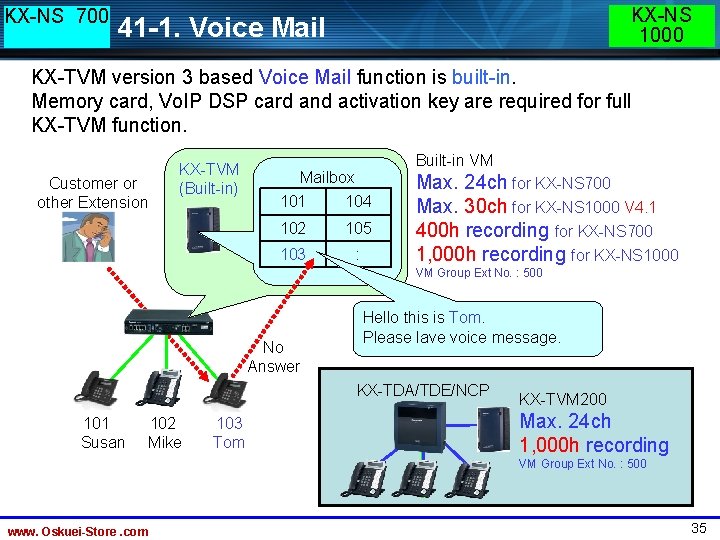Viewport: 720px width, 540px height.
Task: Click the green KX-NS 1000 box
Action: [x=661, y=25]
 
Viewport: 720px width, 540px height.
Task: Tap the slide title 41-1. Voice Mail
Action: [x=221, y=27]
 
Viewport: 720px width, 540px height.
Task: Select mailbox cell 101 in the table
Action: [x=292, y=201]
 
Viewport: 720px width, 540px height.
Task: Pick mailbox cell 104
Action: [x=358, y=201]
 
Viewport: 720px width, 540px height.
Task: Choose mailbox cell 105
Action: [x=358, y=228]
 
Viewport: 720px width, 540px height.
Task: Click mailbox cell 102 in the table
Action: [x=292, y=228]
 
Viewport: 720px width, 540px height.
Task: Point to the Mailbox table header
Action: [x=327, y=177]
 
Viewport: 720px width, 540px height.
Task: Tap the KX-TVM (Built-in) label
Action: [x=208, y=179]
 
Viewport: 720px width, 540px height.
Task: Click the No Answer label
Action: [x=273, y=357]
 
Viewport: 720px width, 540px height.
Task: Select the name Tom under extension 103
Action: [x=229, y=442]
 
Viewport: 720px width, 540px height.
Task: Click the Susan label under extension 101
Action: [x=103, y=442]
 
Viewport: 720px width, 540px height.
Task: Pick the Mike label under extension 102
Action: [x=164, y=442]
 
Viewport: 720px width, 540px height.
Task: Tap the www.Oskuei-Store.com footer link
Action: [x=78, y=531]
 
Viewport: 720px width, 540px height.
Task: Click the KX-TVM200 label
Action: [x=563, y=399]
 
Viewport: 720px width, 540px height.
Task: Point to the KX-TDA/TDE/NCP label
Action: [x=424, y=389]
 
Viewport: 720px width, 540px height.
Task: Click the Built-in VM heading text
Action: [x=454, y=160]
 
